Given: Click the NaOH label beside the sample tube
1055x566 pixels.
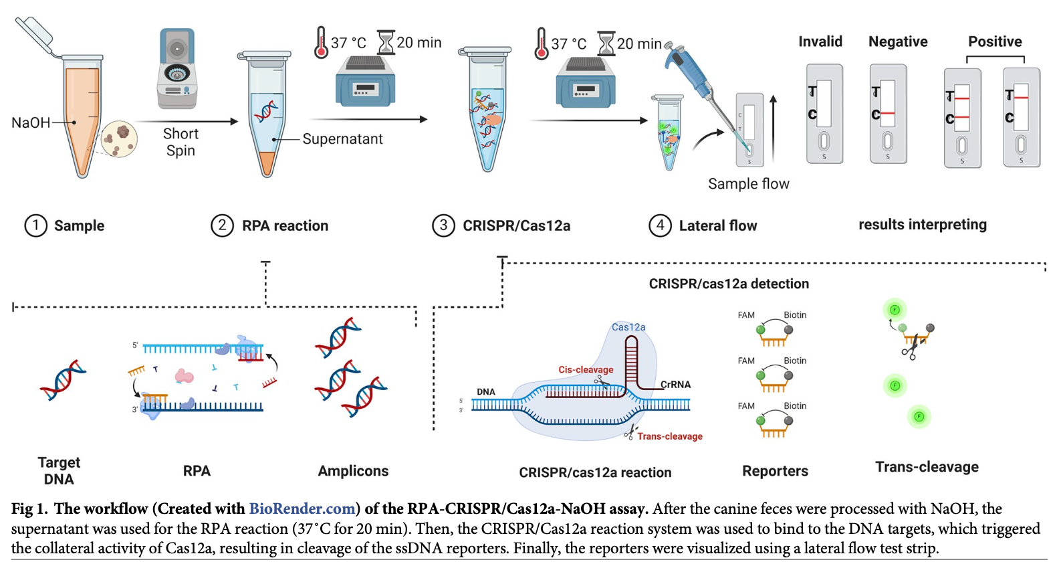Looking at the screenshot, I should (x=31, y=123).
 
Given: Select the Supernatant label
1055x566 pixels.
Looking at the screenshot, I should (x=342, y=139).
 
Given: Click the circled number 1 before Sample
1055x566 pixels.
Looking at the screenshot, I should (x=35, y=225).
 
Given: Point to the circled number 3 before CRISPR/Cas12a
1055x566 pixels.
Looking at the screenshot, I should (x=443, y=225).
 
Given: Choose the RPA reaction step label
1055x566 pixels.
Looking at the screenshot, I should (x=285, y=226).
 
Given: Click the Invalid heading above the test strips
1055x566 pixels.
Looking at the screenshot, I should (x=820, y=41).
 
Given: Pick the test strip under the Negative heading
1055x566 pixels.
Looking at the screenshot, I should (x=888, y=114).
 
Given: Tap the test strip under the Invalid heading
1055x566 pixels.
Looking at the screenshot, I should (x=824, y=114).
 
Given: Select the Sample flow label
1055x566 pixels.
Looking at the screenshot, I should (x=748, y=184).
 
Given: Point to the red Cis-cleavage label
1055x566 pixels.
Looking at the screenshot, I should (x=586, y=369).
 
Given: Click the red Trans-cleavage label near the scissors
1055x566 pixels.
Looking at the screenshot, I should (x=669, y=436).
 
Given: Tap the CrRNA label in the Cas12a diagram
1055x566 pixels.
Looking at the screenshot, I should (x=675, y=385).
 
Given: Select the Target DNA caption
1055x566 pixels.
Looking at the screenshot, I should (x=59, y=470).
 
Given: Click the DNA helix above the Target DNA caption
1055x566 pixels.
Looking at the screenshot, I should (x=63, y=379).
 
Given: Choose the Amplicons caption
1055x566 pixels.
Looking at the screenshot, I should (x=353, y=471).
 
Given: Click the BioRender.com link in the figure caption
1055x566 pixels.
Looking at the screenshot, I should (x=302, y=509).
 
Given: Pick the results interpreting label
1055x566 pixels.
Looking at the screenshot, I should (x=922, y=225).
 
